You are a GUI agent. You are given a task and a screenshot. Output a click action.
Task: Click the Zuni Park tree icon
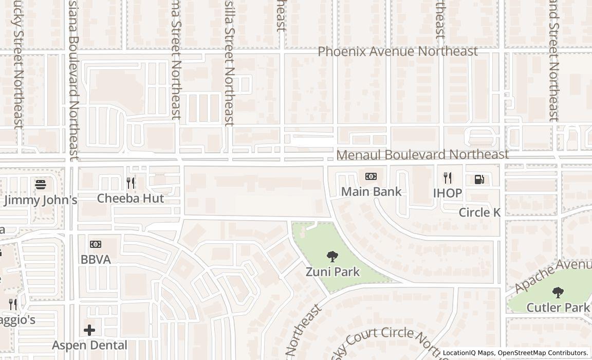332,256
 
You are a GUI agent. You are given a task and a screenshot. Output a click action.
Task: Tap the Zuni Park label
332,272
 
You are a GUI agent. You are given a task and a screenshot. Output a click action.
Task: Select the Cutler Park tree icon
558,293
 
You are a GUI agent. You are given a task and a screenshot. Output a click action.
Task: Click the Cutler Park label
558,308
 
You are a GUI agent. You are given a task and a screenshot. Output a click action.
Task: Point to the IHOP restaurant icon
448,178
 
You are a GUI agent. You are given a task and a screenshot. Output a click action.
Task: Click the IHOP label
448,193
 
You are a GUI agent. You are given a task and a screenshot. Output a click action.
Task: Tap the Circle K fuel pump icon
479,179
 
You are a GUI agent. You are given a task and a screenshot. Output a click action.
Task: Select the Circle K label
479,212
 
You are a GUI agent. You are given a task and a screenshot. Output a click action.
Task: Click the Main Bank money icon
371,176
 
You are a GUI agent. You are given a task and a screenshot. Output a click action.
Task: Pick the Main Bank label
372,192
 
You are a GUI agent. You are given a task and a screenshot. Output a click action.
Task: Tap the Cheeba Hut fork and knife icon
131,183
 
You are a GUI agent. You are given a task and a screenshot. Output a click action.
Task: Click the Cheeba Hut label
131,198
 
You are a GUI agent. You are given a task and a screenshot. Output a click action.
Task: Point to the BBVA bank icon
96,244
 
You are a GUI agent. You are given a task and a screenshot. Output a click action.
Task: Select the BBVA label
96,260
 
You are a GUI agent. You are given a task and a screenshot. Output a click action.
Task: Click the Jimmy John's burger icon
41,184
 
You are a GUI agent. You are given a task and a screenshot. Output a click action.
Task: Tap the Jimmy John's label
41,200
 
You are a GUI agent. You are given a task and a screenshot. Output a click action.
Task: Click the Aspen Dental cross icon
89,330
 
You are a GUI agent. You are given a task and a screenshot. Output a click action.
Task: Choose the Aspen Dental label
90,345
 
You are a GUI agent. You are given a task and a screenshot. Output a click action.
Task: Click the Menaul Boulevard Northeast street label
422,154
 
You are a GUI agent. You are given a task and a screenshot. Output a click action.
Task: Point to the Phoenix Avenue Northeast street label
398,51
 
